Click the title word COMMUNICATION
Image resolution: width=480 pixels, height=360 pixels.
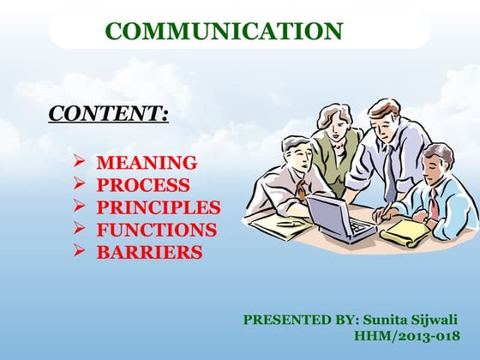click(x=224, y=32)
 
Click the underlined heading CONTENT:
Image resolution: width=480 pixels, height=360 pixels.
click(x=108, y=113)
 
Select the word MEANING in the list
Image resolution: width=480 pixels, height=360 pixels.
click(x=146, y=162)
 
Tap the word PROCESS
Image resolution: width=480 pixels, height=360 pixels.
click(x=142, y=184)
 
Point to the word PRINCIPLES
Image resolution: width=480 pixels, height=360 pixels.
click(x=158, y=207)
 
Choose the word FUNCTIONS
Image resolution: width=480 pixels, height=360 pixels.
click(x=156, y=230)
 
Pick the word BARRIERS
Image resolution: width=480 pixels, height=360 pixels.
click(x=149, y=252)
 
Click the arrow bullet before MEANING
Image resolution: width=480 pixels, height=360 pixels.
click(x=78, y=161)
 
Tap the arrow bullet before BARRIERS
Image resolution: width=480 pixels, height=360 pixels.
click(x=78, y=251)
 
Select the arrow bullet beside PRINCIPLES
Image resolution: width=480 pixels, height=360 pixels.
click(x=78, y=206)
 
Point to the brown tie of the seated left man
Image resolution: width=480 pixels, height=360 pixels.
click(x=303, y=189)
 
